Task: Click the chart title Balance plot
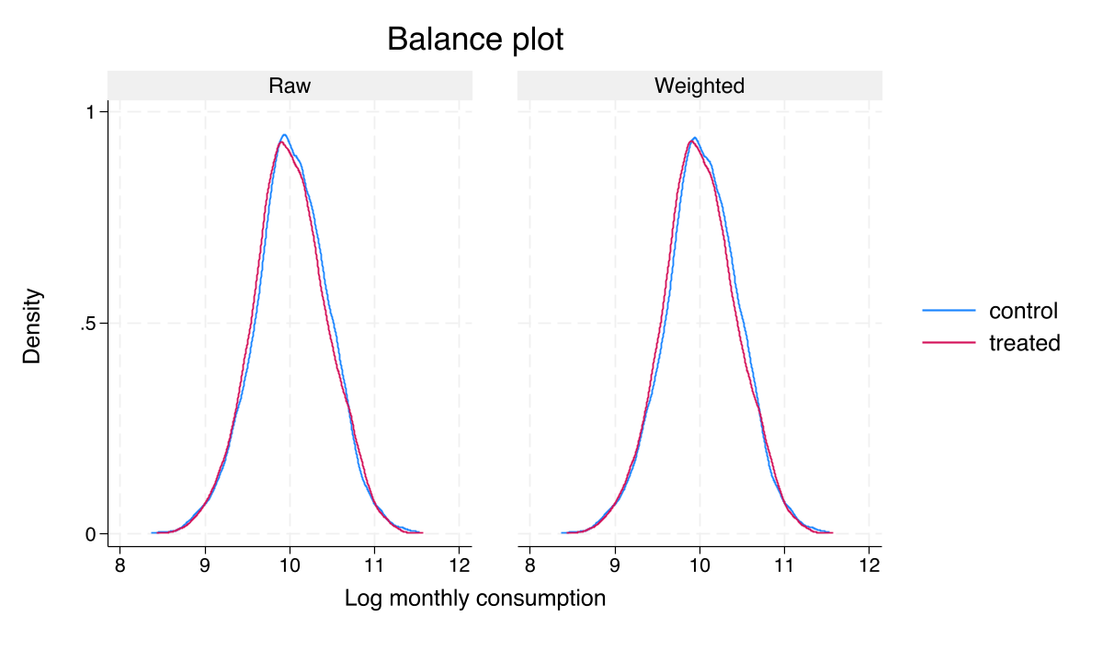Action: (x=475, y=40)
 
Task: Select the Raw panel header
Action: (x=290, y=86)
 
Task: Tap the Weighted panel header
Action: (x=699, y=86)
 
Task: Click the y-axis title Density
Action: (x=33, y=325)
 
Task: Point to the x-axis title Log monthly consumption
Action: (x=475, y=599)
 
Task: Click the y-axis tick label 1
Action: (x=90, y=112)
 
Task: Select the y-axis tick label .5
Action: (x=87, y=324)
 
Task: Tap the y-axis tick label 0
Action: (x=90, y=534)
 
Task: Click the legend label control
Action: (x=1023, y=311)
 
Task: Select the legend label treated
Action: (x=1025, y=343)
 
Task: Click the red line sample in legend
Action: (x=949, y=343)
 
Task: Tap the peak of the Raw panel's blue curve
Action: (x=285, y=135)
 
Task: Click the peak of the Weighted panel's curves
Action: (x=694, y=139)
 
